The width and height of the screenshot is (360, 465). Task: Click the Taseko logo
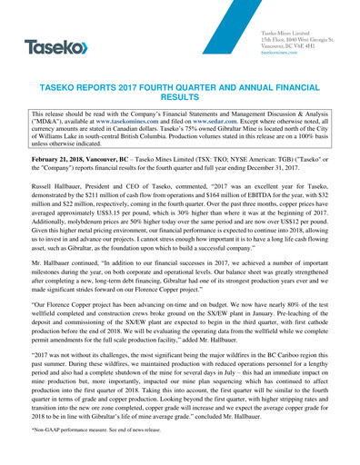[x=55, y=45]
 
